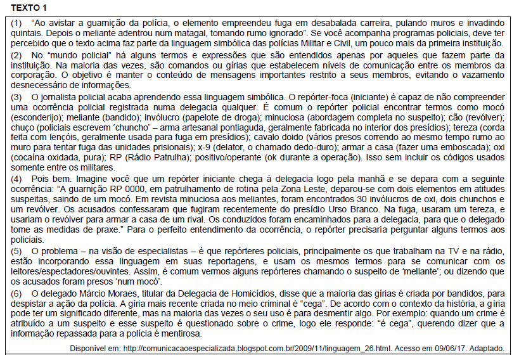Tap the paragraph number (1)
[x=17, y=22]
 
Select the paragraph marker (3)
[x=17, y=96]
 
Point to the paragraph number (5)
[x=17, y=251]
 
